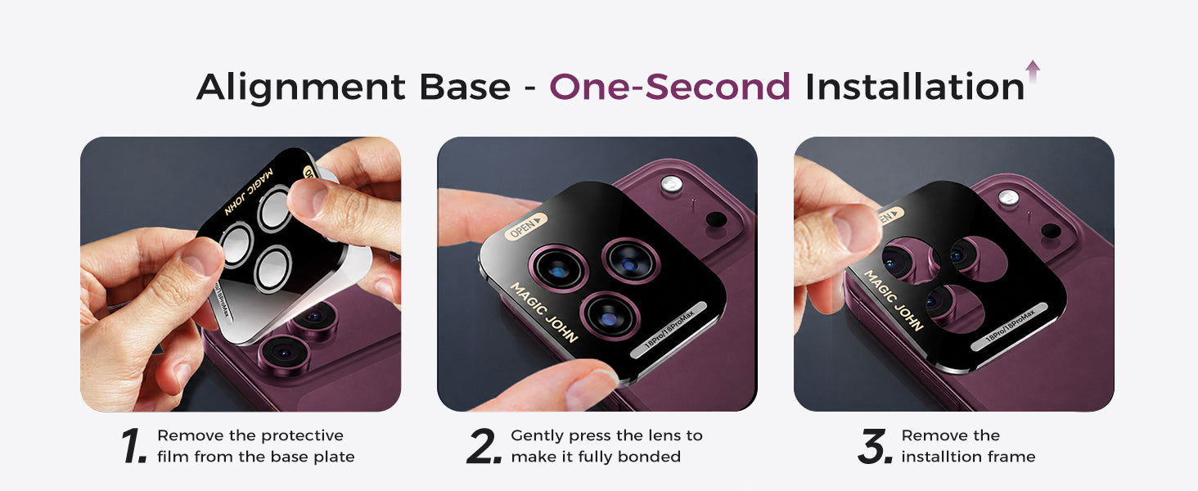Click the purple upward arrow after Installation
[x=1033, y=72]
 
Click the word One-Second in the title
[x=669, y=87]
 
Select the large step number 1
[x=133, y=445]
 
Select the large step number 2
[x=484, y=445]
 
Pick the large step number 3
[x=875, y=445]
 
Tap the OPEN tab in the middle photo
[x=525, y=226]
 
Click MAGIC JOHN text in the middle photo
[x=544, y=312]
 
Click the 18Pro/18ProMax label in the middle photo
[x=669, y=330]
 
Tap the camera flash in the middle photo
[x=671, y=184]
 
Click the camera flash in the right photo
[x=1008, y=197]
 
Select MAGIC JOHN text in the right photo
[x=894, y=300]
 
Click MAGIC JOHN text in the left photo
[x=249, y=191]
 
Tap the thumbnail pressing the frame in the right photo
[x=857, y=230]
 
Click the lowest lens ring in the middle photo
[x=610, y=316]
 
